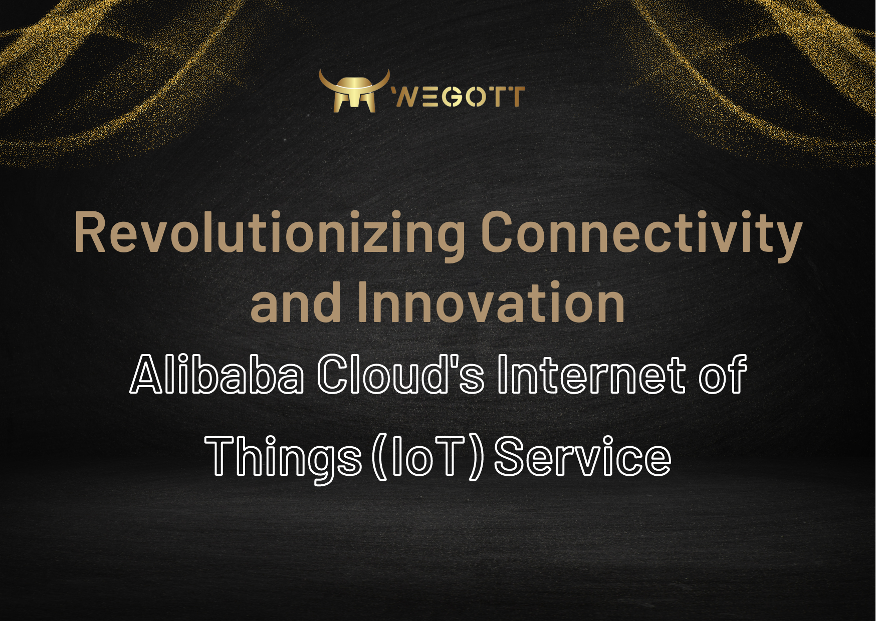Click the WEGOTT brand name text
click(x=458, y=97)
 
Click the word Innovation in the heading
click(x=491, y=302)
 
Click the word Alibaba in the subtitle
click(x=217, y=373)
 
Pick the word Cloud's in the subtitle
click(x=401, y=373)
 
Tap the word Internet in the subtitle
click(x=591, y=373)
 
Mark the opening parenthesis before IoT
click(x=380, y=457)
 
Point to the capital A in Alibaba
click(x=148, y=373)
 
